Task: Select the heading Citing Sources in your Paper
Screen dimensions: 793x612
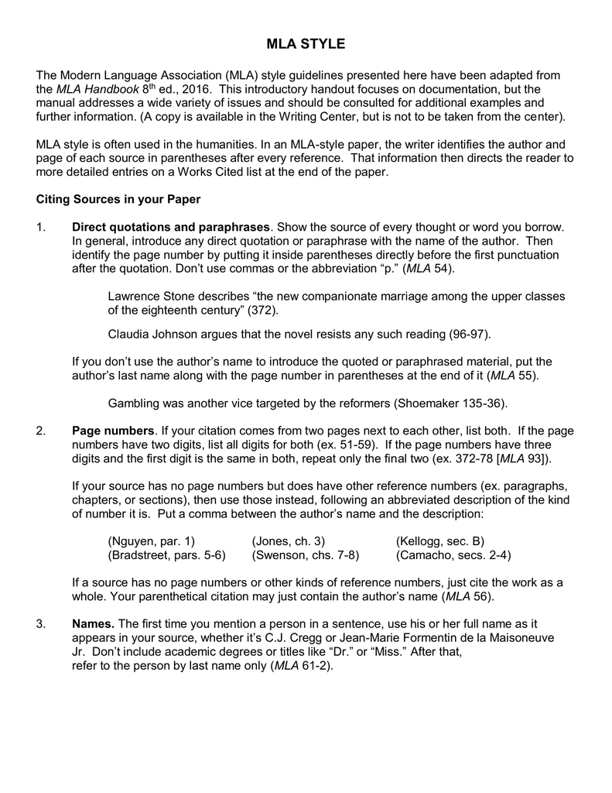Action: [x=118, y=199]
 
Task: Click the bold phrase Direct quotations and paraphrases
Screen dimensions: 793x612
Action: [x=171, y=227]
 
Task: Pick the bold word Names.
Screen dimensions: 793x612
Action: [x=93, y=623]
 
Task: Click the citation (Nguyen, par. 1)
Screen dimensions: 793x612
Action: [x=152, y=541]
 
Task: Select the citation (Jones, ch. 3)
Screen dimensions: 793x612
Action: [x=288, y=541]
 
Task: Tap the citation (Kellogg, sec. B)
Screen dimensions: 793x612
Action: [x=439, y=541]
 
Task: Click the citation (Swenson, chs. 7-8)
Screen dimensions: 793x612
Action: [x=306, y=555]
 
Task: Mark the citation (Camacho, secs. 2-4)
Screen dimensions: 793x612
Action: [x=453, y=555]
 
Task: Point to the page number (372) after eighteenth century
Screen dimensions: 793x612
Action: [x=263, y=310]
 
